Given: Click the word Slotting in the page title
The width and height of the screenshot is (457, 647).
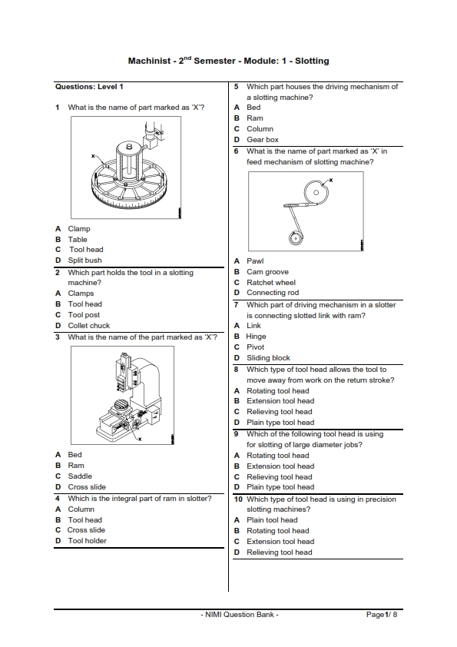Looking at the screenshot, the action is coord(312,61).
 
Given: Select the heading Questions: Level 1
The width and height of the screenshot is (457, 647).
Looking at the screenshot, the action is coord(89,87).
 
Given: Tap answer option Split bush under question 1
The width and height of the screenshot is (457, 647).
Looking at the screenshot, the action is coord(84,260).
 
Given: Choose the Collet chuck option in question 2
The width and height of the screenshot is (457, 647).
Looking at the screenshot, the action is coord(88,326).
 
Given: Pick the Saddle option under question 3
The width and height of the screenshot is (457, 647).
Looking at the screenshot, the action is coord(80,476).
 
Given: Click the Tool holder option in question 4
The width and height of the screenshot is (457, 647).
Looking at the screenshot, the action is coord(87,541).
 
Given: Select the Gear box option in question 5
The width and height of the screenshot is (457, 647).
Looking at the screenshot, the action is coord(263,140).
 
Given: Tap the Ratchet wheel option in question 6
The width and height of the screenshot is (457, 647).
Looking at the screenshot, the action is coord(271,283).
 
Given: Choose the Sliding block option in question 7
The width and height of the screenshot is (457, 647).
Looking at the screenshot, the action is coord(268,358).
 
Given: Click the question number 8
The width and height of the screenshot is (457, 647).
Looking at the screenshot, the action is coord(237,370).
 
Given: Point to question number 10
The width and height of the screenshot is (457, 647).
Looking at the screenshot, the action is coord(238,499).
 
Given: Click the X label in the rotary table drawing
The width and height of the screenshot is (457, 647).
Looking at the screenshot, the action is coord(93,156).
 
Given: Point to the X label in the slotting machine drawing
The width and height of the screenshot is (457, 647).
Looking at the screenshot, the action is coord(140,439).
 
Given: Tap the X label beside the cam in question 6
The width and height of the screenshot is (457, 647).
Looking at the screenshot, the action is coord(331,180).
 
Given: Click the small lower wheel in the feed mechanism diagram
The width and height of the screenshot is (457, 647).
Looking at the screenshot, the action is coord(295,238).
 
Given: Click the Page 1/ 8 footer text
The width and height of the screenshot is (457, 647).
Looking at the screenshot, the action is coord(382,615).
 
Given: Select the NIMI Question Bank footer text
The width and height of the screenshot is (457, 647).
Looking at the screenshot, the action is coord(240,615).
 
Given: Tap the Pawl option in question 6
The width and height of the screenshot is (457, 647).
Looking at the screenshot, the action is coord(255,261).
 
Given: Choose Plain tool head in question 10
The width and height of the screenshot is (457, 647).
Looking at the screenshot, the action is coord(272,520).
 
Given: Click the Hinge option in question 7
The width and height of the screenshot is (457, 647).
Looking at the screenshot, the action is coord(256,337).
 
